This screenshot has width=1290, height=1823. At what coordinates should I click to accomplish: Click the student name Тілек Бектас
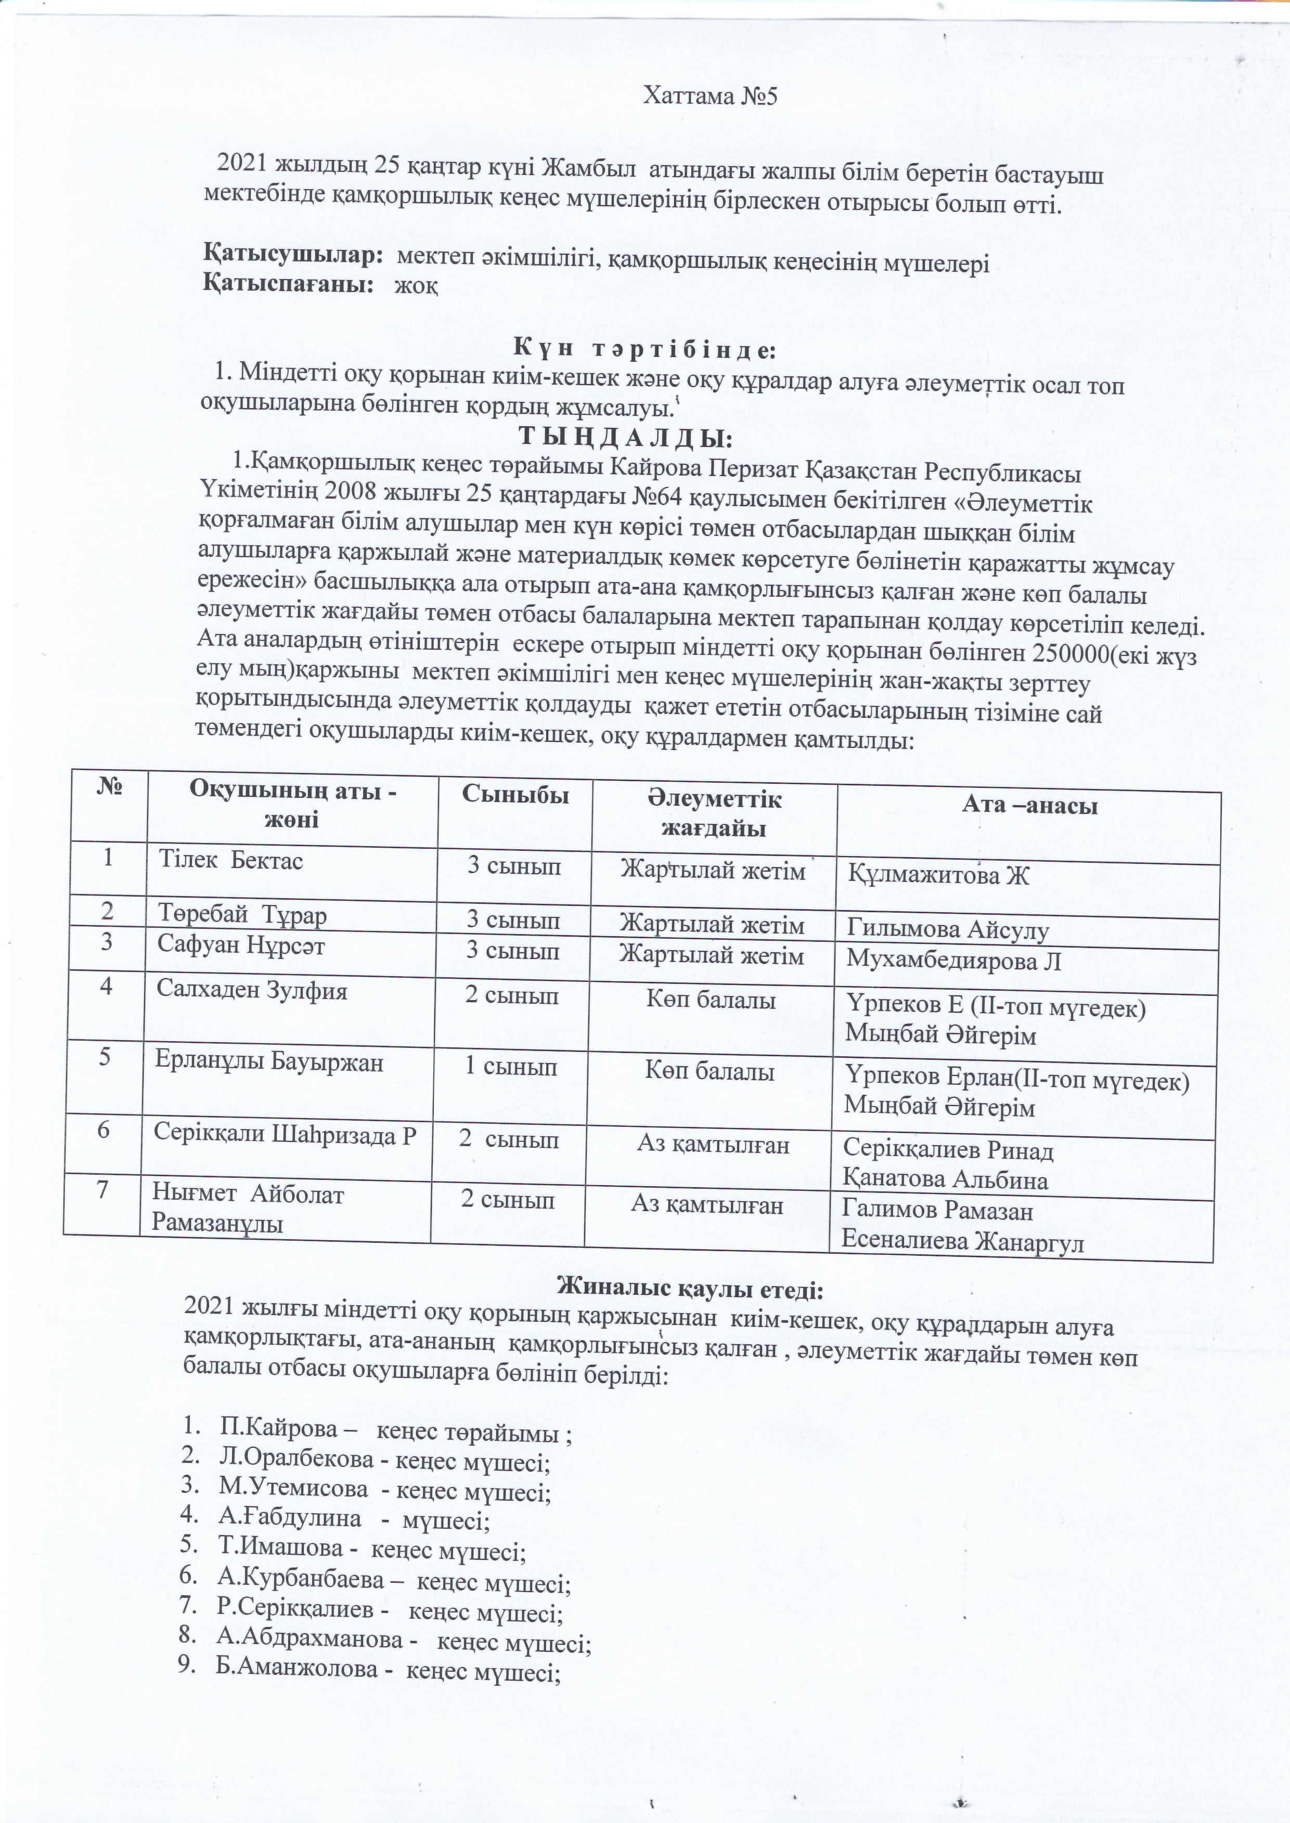[x=230, y=861]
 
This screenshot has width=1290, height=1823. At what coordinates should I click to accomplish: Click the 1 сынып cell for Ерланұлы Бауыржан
[x=510, y=1067]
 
